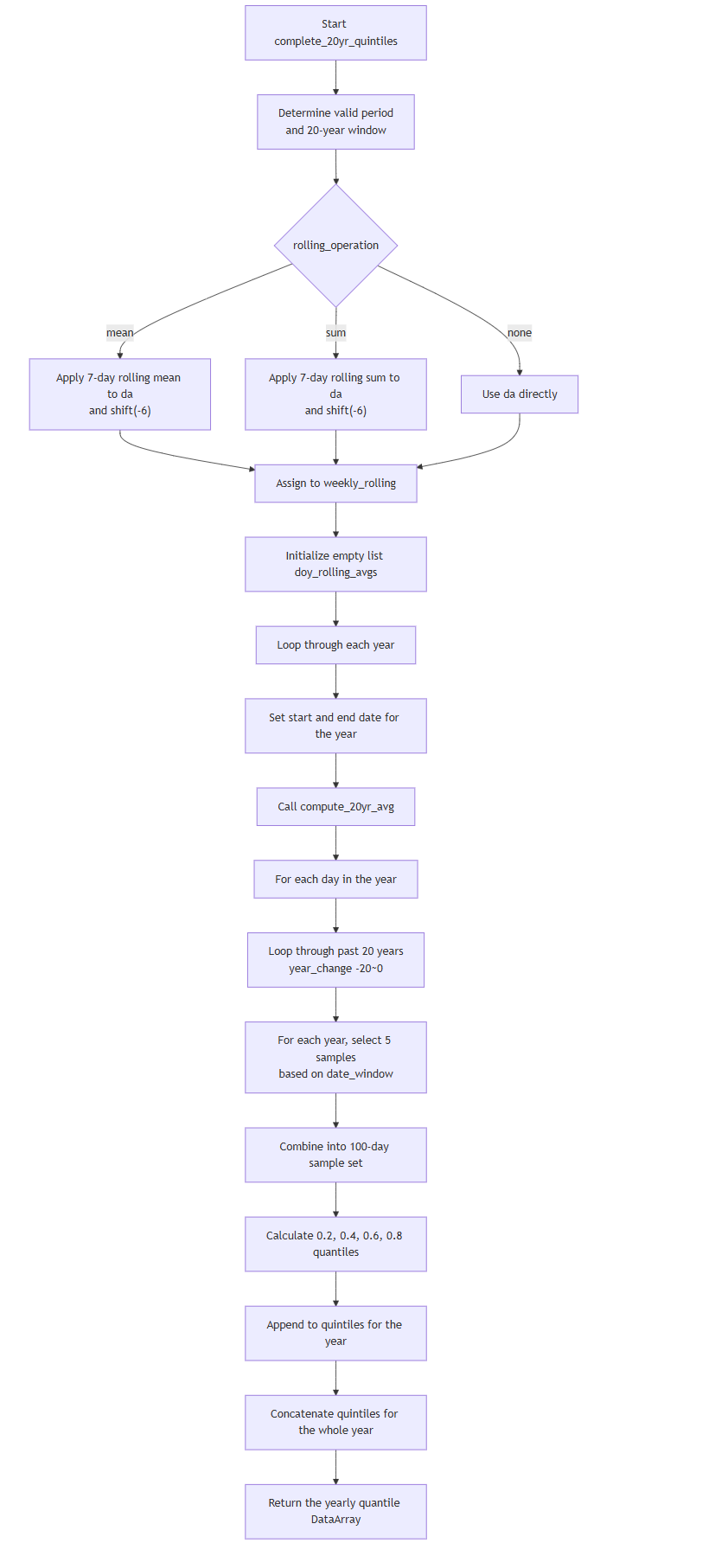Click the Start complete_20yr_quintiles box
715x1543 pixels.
coord(335,33)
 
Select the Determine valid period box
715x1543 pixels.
coord(335,122)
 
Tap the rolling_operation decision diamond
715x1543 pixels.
coord(335,246)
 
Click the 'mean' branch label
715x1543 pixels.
coord(120,333)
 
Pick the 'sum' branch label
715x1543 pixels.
coord(335,333)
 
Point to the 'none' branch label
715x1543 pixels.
coord(520,333)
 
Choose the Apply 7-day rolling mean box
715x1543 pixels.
coord(120,394)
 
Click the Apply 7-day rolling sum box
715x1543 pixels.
coord(335,394)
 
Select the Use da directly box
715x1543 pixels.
coord(520,394)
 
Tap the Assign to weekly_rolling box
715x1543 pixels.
coord(335,483)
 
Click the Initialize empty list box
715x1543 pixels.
coord(335,565)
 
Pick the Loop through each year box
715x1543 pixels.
coord(335,645)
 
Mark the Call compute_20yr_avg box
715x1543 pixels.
coord(335,807)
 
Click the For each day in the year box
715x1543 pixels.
coord(335,880)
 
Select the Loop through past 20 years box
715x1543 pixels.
coord(335,960)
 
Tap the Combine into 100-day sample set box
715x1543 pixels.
coord(335,1155)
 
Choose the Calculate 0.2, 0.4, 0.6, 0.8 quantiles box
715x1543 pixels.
coord(335,1245)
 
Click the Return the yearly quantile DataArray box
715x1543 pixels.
coord(335,1512)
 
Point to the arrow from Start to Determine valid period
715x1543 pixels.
coord(335,78)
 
